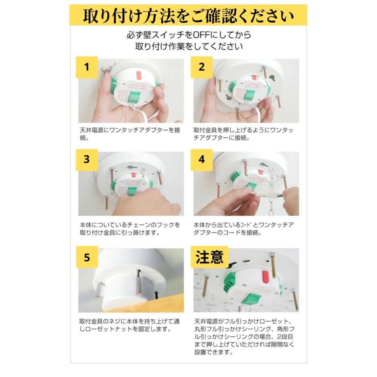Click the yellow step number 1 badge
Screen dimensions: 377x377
tap(87, 67)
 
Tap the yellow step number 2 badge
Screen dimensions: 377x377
tap(201, 67)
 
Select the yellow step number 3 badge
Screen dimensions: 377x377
tap(87, 160)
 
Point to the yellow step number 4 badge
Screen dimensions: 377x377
tap(201, 160)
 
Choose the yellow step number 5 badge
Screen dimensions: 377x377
tap(87, 257)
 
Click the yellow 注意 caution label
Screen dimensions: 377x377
tap(210, 256)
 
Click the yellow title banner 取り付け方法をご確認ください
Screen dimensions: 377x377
tap(188, 16)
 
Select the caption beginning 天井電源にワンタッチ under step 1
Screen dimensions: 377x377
tap(130, 134)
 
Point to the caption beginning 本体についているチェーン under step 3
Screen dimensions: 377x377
tap(130, 229)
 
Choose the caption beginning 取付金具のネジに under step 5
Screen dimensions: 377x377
tap(130, 325)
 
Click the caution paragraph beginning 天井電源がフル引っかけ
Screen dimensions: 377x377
tap(245, 337)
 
